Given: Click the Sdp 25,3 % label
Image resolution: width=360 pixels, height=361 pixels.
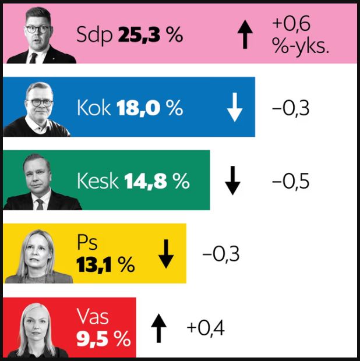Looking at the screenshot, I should [129, 36].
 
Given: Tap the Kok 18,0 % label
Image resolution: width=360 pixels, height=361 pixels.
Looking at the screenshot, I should [129, 108].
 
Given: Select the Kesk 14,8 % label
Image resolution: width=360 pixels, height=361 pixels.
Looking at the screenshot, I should [133, 181].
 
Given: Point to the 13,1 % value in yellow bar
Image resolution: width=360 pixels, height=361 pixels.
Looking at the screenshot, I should [105, 265].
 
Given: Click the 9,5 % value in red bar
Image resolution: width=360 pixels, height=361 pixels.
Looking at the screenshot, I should [103, 339].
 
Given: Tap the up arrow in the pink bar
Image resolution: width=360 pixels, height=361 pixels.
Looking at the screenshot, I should [245, 36].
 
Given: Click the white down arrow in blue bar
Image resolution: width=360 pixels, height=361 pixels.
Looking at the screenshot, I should [234, 108].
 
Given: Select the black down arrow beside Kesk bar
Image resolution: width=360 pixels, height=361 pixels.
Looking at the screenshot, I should [232, 181].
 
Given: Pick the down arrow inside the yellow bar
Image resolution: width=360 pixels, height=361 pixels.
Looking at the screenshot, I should [166, 254].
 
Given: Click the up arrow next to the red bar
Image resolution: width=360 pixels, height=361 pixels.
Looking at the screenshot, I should [158, 328].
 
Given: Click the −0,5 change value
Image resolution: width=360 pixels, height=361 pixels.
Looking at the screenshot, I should [292, 181].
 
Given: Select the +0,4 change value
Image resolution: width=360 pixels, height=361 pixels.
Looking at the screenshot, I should [205, 328].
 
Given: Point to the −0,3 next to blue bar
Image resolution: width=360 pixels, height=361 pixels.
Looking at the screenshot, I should [292, 108].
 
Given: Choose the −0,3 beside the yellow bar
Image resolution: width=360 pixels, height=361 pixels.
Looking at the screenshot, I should [221, 254].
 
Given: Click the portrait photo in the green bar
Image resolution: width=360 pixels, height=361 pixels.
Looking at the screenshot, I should [42, 182].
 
